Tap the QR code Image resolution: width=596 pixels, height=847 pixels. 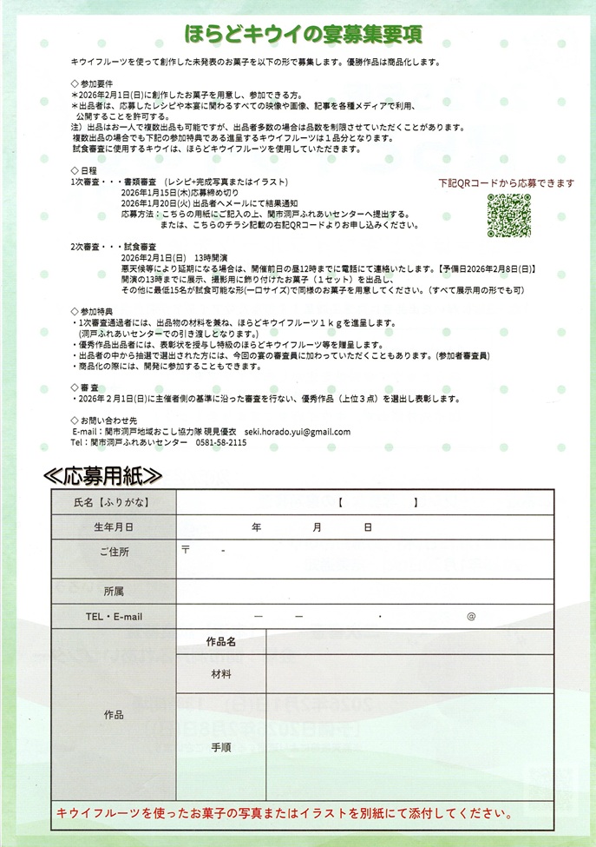pos(508,214)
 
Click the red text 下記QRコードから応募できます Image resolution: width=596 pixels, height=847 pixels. pos(506,183)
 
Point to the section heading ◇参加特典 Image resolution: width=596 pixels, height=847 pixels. pos(91,310)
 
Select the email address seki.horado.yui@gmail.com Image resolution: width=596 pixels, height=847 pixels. pos(298,432)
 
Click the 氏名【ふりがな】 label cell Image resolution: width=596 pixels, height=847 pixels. pos(114,502)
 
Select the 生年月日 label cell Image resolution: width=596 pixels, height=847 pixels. pos(114,527)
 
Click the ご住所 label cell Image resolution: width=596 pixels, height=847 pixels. pos(114,552)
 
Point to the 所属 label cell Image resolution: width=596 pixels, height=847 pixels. pos(114,592)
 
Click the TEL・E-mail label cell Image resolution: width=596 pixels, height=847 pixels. pos(114,617)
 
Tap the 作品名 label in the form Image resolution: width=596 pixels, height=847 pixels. pos(221,642)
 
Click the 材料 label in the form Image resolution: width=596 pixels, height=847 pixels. pos(221,674)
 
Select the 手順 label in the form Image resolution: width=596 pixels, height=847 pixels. pos(221,746)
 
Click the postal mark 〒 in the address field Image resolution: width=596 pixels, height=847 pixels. pos(186,550)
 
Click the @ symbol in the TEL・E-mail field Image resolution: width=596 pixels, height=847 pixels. pos(471,617)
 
